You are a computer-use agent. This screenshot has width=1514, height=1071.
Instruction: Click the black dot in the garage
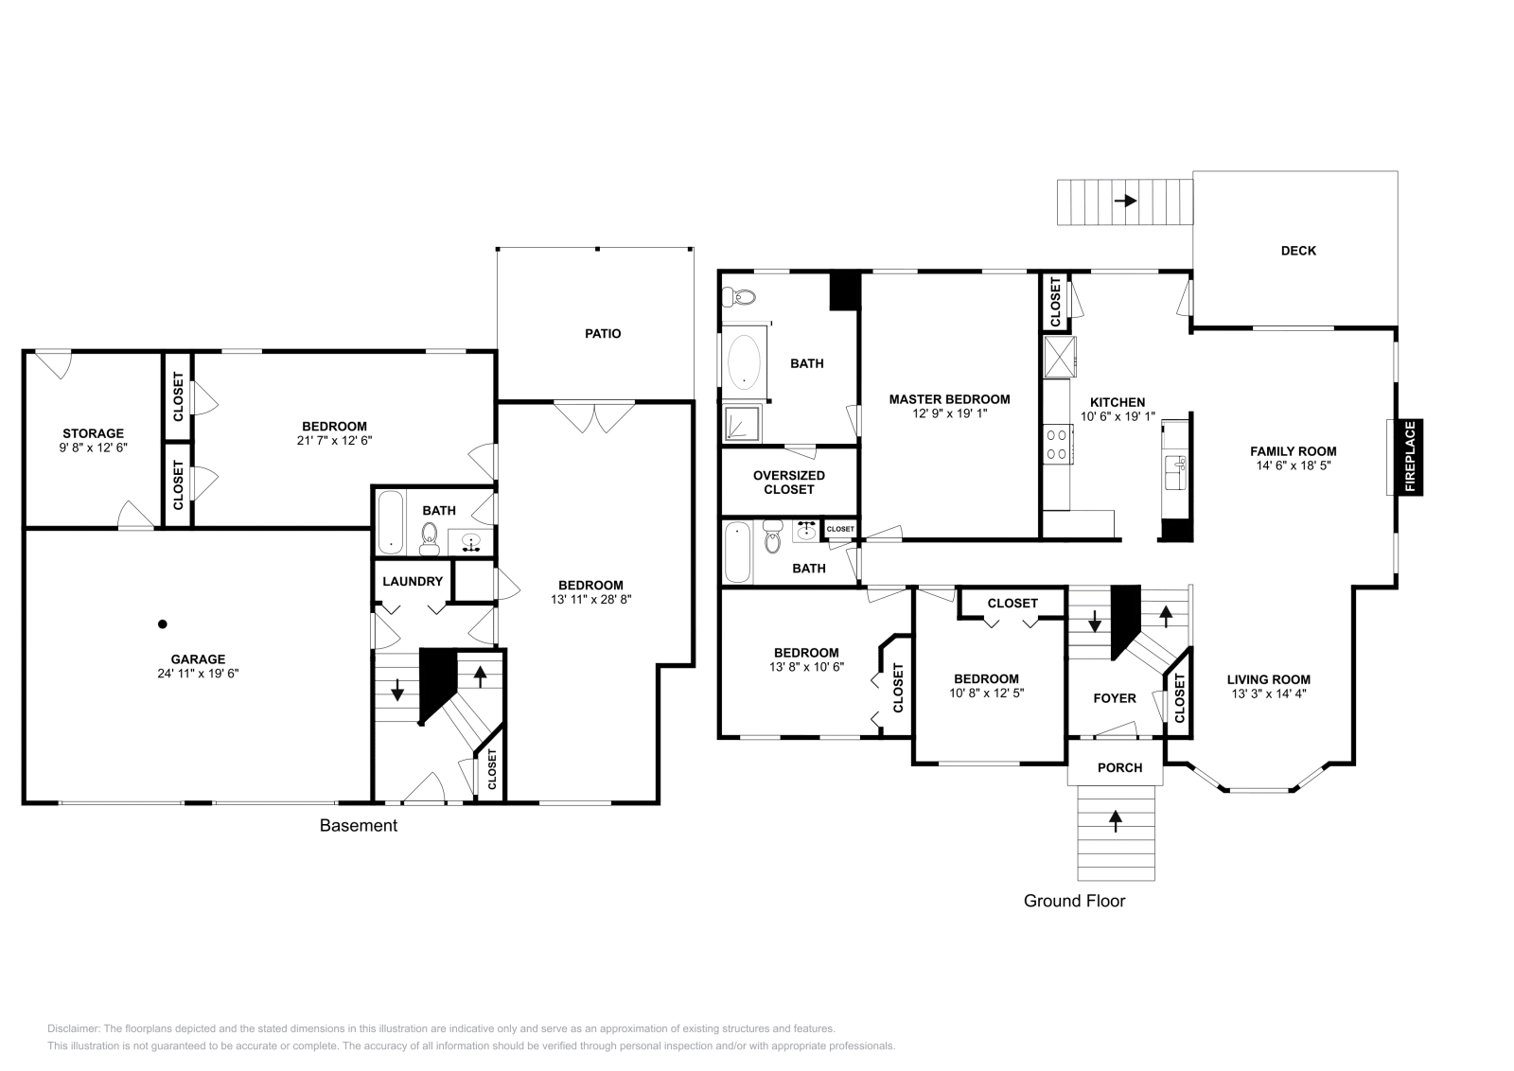click(x=162, y=624)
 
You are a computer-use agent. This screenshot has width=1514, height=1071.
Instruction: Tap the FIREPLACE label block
click(x=1410, y=457)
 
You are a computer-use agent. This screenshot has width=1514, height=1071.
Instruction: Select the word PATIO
click(x=603, y=333)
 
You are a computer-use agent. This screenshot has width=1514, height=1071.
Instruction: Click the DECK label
click(x=1298, y=251)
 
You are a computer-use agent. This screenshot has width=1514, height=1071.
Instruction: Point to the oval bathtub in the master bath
click(x=744, y=362)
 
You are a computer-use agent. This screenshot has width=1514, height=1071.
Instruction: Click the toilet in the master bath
click(x=739, y=296)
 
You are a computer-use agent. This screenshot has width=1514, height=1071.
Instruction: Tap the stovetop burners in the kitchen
click(x=1057, y=445)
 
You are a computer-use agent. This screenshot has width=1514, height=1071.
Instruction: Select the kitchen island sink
click(x=1175, y=472)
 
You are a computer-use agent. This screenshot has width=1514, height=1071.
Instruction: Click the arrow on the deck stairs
click(x=1125, y=201)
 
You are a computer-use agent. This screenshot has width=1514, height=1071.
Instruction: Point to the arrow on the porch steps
click(x=1116, y=821)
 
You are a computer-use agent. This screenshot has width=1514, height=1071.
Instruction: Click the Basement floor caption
click(x=359, y=826)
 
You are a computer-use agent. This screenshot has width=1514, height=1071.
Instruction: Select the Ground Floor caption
click(x=1074, y=901)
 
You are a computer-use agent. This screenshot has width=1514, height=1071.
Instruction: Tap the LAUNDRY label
click(x=413, y=581)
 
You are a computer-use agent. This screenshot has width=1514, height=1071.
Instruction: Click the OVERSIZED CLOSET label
click(x=789, y=483)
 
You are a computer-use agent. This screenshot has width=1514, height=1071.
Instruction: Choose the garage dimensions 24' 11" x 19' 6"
click(x=198, y=673)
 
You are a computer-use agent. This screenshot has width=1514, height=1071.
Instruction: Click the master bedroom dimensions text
click(x=950, y=413)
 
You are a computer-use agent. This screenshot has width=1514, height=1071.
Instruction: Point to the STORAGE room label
click(x=94, y=433)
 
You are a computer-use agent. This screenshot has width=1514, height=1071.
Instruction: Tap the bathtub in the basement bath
click(x=390, y=522)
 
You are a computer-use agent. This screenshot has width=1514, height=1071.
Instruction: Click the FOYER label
click(x=1115, y=698)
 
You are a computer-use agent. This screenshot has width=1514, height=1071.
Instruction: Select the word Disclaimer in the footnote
click(x=74, y=1028)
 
